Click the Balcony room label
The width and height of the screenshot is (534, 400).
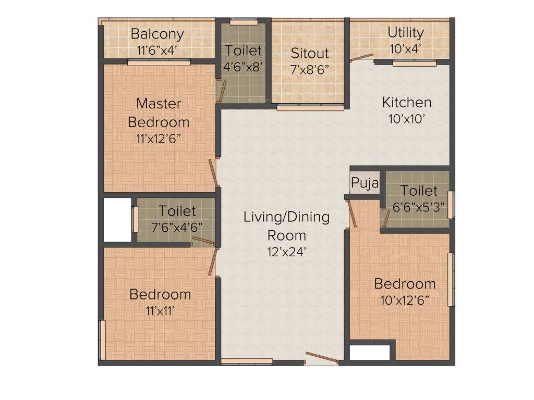157,34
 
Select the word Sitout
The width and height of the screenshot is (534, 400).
310,53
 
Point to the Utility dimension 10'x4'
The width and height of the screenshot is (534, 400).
405,48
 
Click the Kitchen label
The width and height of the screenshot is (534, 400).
407,102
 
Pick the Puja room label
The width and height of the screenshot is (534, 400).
364,183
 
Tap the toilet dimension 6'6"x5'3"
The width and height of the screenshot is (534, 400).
419,206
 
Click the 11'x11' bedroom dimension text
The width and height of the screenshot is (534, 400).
160,311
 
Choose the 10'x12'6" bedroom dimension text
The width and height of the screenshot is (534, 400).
405,301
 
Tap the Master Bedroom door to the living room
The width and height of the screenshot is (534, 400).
213,172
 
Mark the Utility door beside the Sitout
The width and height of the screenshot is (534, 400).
361,57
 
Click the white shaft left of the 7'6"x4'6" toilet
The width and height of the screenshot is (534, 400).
117,219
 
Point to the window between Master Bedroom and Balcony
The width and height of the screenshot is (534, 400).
159,63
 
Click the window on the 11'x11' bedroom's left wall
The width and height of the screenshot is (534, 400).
103,340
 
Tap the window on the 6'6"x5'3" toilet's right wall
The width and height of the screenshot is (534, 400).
451,205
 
